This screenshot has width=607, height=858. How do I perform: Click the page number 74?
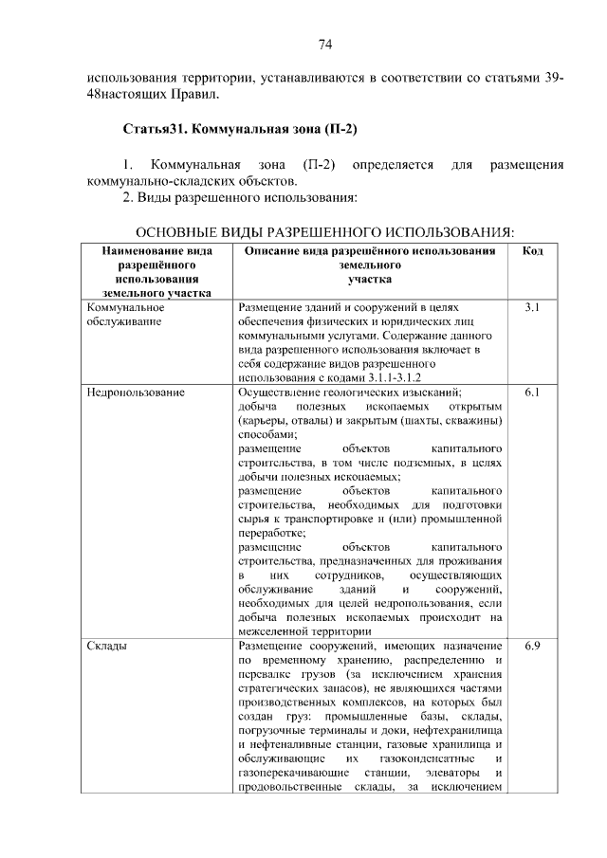(324, 45)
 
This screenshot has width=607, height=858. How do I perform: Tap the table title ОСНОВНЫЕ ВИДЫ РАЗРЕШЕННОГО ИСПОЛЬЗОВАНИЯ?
(325, 232)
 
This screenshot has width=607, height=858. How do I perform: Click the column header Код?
(532, 251)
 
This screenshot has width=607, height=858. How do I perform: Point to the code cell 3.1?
(532, 308)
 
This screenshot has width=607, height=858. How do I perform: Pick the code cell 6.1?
(532, 392)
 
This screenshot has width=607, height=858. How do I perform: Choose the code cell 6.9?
(532, 646)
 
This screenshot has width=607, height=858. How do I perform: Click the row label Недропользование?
(135, 392)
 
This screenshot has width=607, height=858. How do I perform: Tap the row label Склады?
(108, 646)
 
